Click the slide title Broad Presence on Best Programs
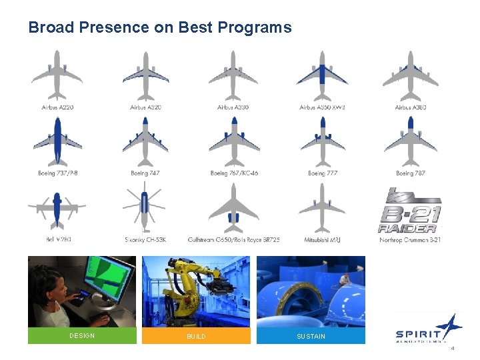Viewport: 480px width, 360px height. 160,27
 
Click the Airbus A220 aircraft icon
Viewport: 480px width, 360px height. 57,75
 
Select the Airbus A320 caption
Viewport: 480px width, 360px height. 145,107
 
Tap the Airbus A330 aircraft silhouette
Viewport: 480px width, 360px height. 233,75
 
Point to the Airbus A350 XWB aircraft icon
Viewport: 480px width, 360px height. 322,75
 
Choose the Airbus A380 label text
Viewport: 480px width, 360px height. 411,107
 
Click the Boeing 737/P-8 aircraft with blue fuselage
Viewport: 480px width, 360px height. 57,141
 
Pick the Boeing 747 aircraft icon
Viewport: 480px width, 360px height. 145,141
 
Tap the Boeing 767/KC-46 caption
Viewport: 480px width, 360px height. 234,173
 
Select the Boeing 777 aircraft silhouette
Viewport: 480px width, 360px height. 323,141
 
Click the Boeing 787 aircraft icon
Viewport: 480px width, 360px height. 411,141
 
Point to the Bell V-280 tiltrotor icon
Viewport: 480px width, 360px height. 57,207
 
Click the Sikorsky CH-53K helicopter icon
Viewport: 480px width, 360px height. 145,207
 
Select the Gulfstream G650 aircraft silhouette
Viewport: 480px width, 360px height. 233,207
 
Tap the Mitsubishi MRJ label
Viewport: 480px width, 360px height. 323,239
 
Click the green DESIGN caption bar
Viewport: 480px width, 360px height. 82,336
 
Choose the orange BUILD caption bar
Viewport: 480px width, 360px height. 196,336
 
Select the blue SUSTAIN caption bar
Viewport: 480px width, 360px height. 311,336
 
